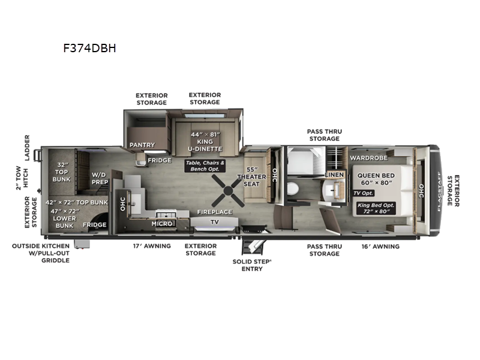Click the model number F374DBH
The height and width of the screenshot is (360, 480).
tap(89, 49)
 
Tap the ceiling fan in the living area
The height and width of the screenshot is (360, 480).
tap(227, 192)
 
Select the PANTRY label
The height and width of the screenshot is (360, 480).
tap(142, 145)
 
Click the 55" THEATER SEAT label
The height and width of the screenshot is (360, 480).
tap(251, 176)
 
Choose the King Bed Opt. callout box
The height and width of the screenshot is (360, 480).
tap(376, 208)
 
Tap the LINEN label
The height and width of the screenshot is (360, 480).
tap(334, 175)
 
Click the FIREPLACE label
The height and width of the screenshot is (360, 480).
tap(214, 212)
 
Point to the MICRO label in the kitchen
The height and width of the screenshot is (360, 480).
tap(163, 223)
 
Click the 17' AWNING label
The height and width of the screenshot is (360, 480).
tap(151, 246)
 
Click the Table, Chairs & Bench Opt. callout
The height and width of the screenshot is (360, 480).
tap(205, 166)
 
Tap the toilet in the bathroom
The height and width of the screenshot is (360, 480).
tap(293, 189)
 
